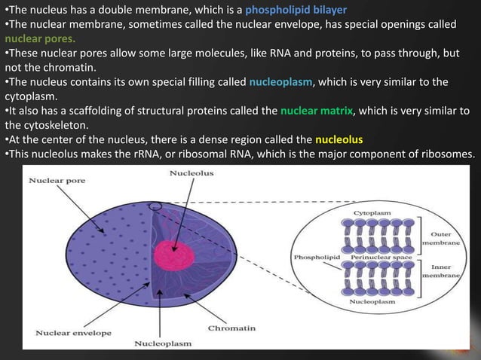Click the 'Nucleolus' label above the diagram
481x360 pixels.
coord(192,173)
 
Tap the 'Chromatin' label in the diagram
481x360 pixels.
coord(232,328)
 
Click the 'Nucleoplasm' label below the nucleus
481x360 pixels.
coord(162,343)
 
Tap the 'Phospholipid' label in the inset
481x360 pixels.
coord(311,257)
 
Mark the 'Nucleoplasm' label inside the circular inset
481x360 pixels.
coord(372,301)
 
